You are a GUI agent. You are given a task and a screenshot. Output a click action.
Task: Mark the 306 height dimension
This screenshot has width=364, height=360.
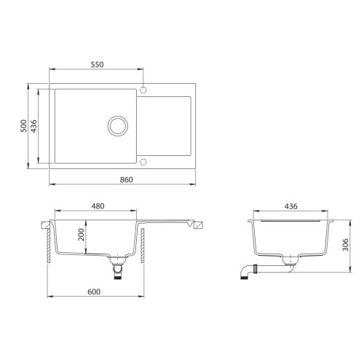(347, 246)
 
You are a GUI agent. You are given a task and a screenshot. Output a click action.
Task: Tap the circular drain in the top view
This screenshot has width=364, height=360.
(116, 125)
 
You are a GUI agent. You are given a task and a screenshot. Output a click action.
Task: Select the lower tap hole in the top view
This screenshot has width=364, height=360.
(143, 161)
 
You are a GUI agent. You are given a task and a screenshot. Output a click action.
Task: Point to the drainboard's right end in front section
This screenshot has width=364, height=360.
(196, 225)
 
